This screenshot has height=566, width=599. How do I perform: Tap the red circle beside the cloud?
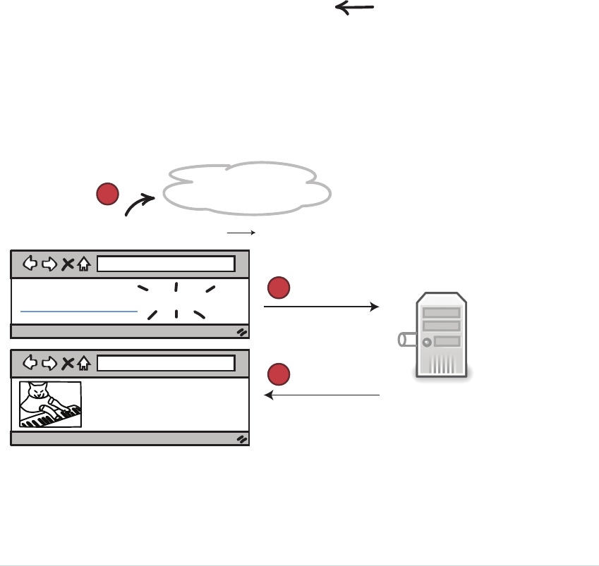[x=107, y=194]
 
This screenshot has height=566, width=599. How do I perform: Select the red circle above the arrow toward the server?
[x=279, y=288]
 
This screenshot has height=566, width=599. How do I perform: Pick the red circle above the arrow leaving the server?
[x=279, y=375]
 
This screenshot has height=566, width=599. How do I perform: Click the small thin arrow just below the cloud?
[x=241, y=231]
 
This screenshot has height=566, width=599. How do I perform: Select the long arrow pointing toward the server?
[x=321, y=307]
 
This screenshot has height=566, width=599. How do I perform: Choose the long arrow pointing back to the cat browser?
[x=322, y=395]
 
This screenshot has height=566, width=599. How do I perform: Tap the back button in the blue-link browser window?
[x=30, y=264]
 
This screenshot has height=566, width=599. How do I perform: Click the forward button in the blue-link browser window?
[x=49, y=264]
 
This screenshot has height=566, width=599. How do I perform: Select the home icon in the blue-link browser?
[x=84, y=264]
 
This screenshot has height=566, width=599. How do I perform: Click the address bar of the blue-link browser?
[x=165, y=264]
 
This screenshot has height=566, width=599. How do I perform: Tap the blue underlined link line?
[x=78, y=309]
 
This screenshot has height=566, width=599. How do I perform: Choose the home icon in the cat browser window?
[x=84, y=363]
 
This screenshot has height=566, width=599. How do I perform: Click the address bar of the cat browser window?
[x=165, y=363]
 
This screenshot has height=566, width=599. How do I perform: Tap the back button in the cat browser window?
[x=30, y=363]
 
